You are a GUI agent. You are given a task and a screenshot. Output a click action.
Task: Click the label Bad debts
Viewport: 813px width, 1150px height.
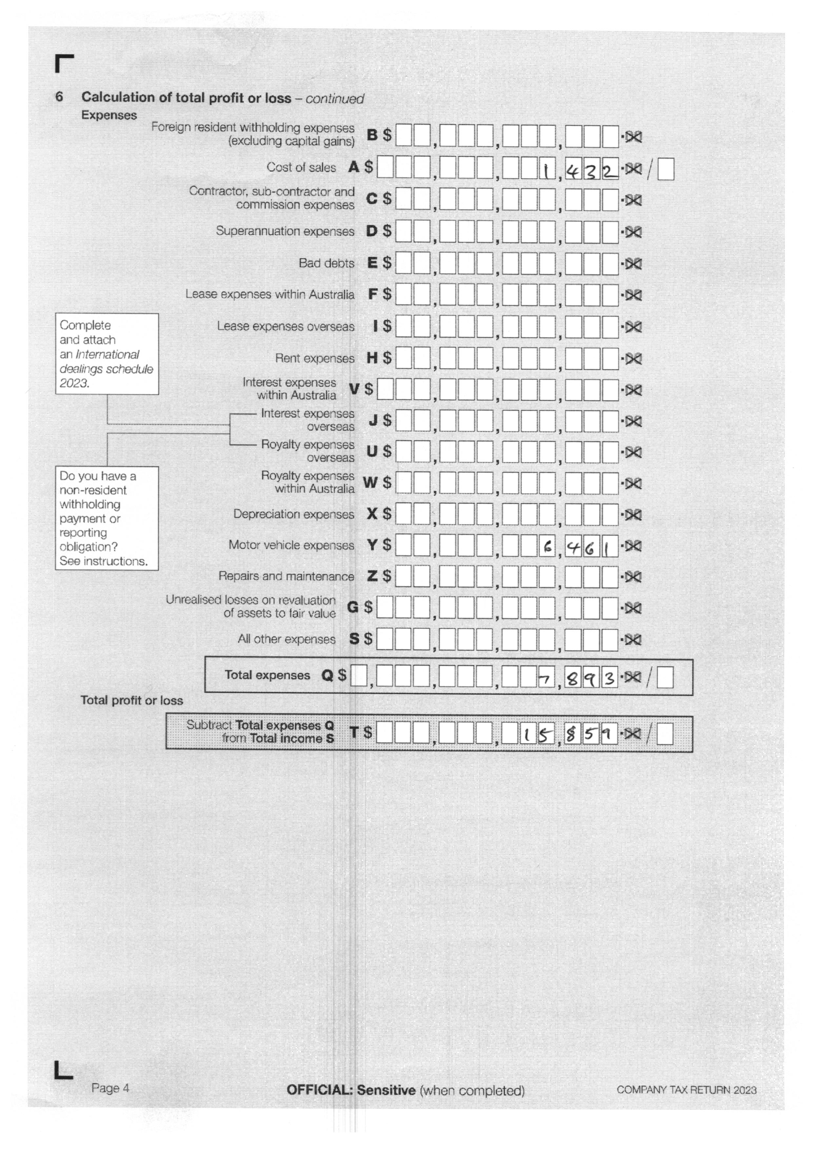(x=327, y=263)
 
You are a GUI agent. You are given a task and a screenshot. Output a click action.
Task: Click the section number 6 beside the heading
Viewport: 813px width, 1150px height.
(x=59, y=97)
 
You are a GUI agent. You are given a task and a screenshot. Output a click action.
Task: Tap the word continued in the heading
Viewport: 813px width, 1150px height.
(x=335, y=99)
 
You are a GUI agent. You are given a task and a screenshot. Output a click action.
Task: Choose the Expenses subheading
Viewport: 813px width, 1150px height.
(x=109, y=115)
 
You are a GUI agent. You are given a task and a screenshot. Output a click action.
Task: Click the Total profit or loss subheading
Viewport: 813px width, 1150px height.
(x=132, y=700)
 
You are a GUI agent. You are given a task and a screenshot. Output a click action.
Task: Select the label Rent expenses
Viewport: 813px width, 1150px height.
(x=314, y=359)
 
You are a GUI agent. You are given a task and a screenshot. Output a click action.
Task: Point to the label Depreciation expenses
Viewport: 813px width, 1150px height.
(x=293, y=514)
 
